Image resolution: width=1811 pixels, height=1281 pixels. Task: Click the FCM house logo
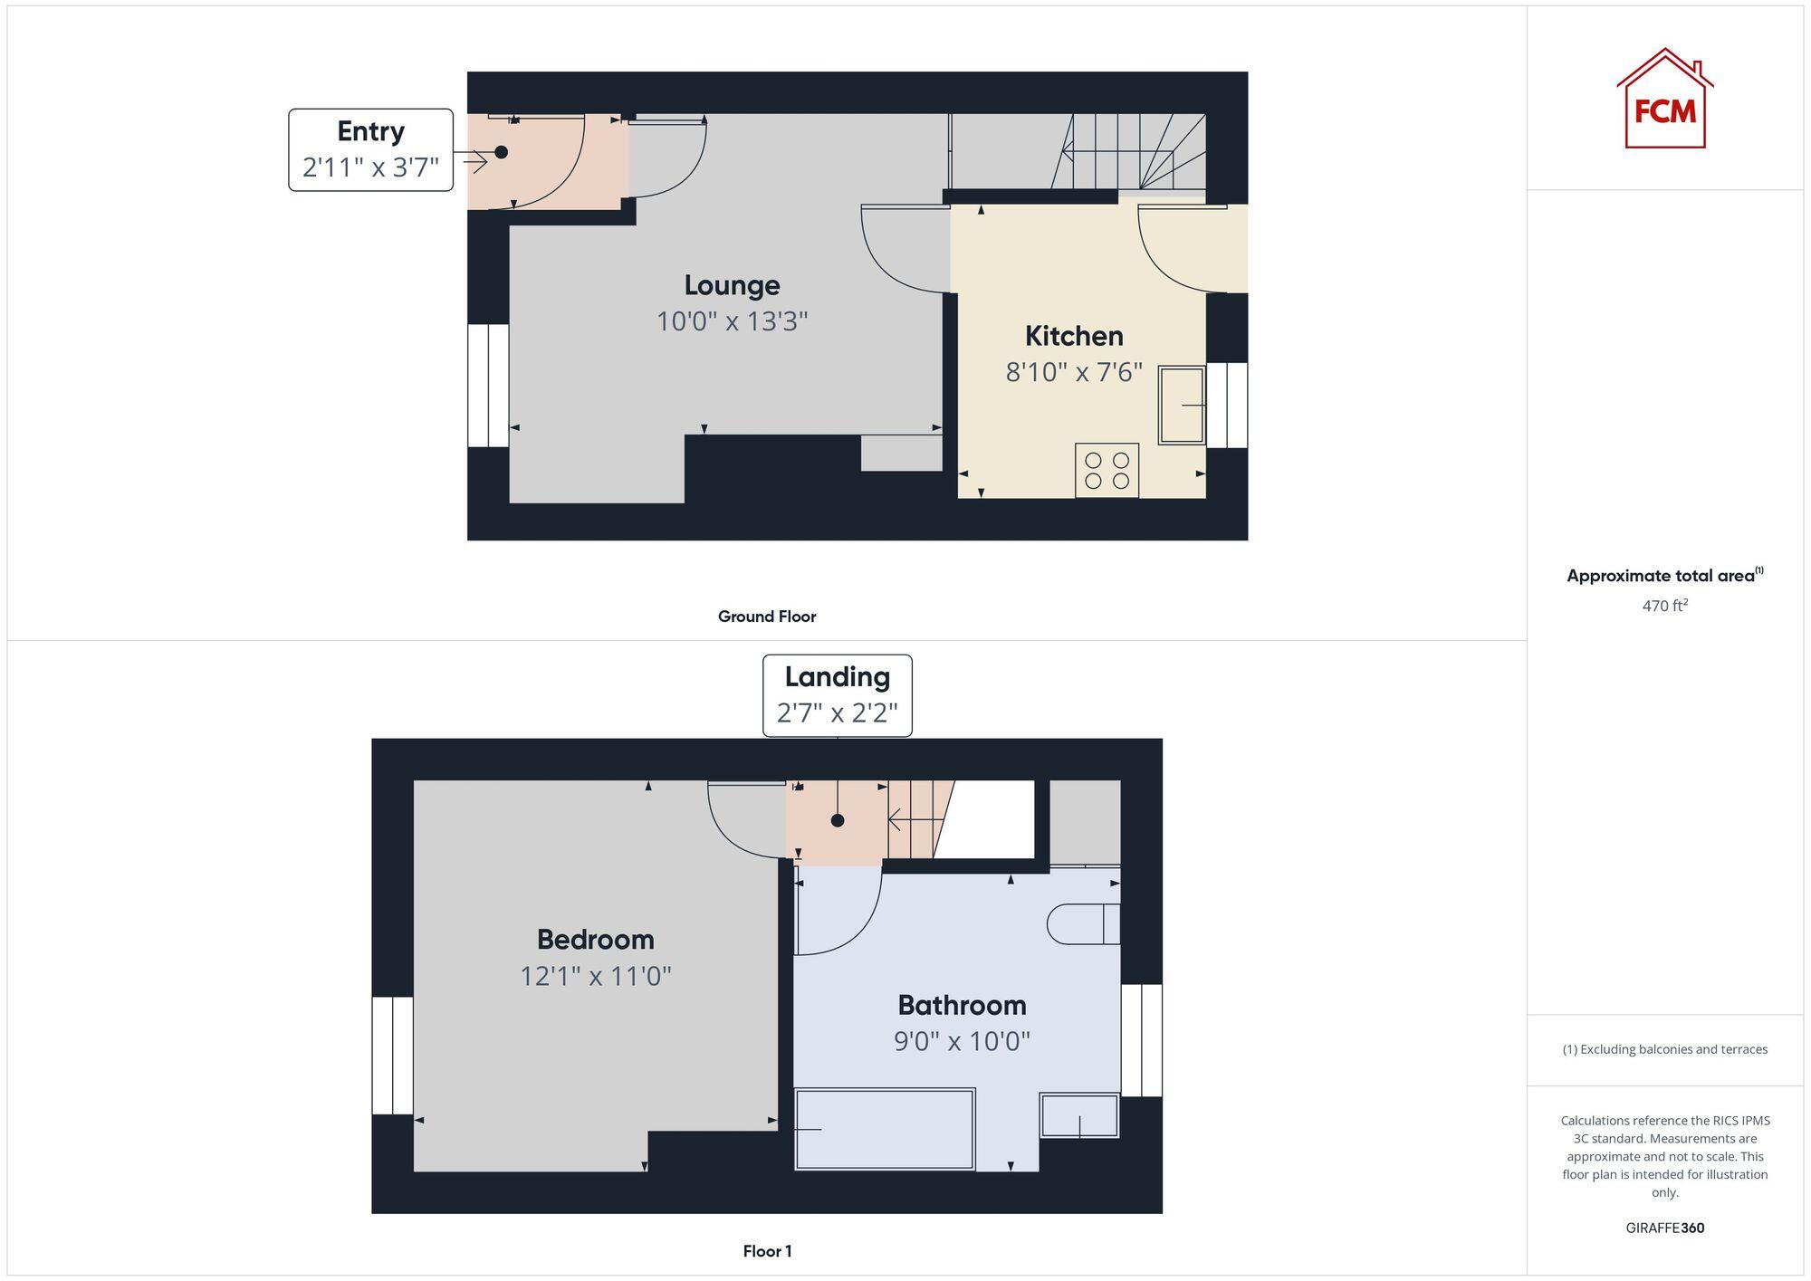pyautogui.click(x=1664, y=100)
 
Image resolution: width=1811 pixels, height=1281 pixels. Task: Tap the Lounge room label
pyautogui.click(x=732, y=285)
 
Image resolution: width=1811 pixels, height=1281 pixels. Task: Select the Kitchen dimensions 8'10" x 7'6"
pyautogui.click(x=1074, y=372)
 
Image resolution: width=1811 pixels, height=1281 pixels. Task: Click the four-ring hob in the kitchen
pyautogui.click(x=1107, y=470)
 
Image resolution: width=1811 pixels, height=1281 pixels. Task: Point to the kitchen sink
pyautogui.click(x=1182, y=405)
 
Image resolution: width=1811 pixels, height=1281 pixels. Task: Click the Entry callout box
pyautogui.click(x=370, y=149)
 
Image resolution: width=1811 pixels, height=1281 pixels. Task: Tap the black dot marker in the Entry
pyautogui.click(x=501, y=152)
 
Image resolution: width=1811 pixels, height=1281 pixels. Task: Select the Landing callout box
pyautogui.click(x=837, y=695)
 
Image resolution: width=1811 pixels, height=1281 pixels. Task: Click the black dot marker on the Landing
pyautogui.click(x=838, y=820)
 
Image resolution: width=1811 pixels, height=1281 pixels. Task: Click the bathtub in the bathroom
pyautogui.click(x=884, y=1129)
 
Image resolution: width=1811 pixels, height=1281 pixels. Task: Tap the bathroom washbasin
pyautogui.click(x=1079, y=1115)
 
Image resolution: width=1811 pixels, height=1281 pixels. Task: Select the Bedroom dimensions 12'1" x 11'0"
pyautogui.click(x=595, y=976)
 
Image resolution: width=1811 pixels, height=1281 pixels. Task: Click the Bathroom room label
pyautogui.click(x=962, y=1005)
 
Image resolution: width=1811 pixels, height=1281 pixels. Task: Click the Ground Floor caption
pyautogui.click(x=767, y=617)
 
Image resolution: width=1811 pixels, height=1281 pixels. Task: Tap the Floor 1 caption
pyautogui.click(x=767, y=1251)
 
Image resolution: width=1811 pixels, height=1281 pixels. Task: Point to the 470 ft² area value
pyautogui.click(x=1664, y=606)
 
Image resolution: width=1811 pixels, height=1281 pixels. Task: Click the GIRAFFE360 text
pyautogui.click(x=1664, y=1228)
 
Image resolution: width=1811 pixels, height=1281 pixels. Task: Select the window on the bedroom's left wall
pyautogui.click(x=393, y=1056)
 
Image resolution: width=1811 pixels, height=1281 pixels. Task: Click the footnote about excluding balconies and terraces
pyautogui.click(x=1664, y=1049)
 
